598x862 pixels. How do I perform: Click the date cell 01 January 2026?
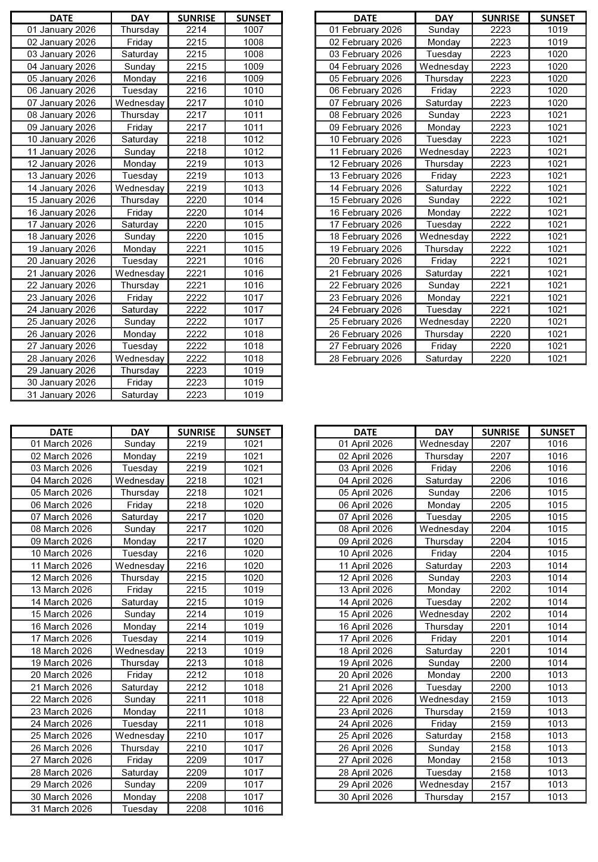[x=61, y=30]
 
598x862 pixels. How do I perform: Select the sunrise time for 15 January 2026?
[x=197, y=200]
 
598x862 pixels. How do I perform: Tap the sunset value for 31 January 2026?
[x=253, y=395]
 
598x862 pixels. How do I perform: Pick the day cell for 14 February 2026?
[x=444, y=188]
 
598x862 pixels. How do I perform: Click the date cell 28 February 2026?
[x=365, y=359]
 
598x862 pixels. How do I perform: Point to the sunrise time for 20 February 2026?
[x=500, y=261]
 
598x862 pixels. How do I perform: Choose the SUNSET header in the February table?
[x=557, y=18]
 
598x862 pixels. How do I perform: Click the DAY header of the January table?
[x=140, y=18]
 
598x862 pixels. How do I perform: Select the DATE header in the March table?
[x=61, y=432]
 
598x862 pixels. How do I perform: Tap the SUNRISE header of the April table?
[x=500, y=432]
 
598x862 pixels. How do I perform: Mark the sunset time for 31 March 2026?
[x=253, y=809]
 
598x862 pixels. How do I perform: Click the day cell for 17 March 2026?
[x=140, y=639]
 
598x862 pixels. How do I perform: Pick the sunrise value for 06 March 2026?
[x=197, y=505]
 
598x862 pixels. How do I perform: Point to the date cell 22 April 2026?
[x=365, y=699]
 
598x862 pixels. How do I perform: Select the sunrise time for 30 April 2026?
[x=500, y=797]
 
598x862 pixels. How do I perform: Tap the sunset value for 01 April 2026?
[x=557, y=444]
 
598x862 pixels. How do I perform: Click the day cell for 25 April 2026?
[x=444, y=736]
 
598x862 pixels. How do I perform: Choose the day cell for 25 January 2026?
[x=140, y=322]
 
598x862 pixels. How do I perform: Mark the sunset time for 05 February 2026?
[x=557, y=79]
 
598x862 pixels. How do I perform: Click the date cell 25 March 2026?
[x=61, y=736]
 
